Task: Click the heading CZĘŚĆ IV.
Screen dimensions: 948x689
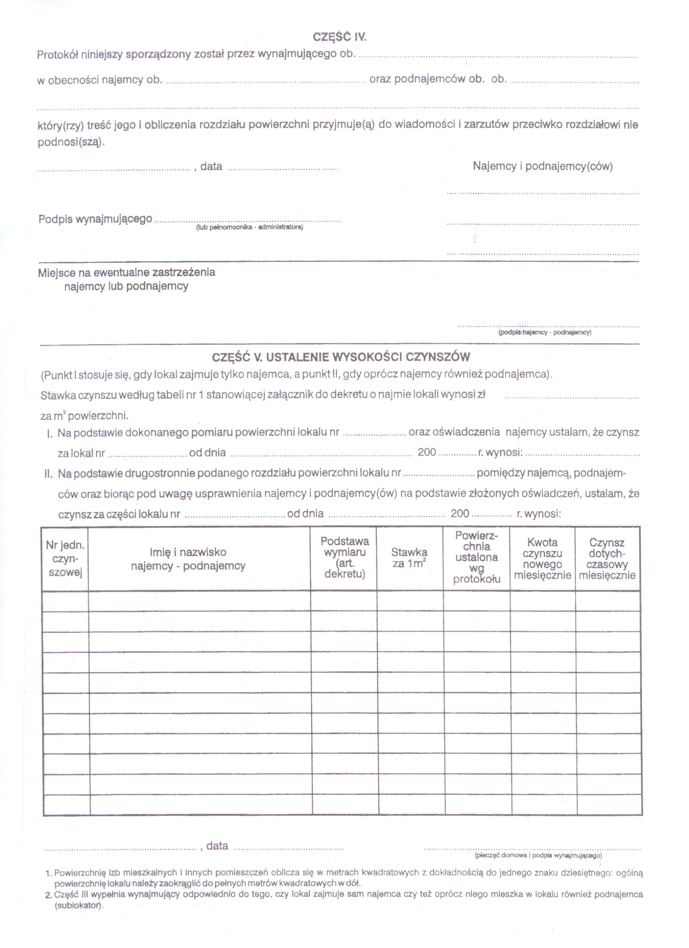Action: click(340, 37)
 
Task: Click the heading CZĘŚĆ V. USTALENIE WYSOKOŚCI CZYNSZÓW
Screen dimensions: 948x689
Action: click(341, 357)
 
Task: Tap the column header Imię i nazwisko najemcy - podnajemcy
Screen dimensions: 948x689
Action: click(188, 559)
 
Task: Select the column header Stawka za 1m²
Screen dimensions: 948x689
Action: click(409, 558)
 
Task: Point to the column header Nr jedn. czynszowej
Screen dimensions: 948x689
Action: click(65, 558)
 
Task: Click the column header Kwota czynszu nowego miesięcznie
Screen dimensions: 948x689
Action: click(542, 559)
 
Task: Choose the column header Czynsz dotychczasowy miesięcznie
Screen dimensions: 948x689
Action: click(607, 559)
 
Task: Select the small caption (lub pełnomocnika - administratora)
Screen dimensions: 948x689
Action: click(250, 227)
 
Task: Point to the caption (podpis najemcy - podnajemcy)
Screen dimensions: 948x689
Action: click(545, 332)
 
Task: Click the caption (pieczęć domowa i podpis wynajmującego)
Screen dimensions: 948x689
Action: click(538, 856)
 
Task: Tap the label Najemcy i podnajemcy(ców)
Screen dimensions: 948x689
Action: click(543, 167)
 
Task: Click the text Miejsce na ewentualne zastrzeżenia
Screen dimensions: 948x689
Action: click(127, 273)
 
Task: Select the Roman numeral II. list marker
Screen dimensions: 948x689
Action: click(49, 474)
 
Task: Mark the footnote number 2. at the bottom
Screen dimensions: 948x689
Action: click(49, 895)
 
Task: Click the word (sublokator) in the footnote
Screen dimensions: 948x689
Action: click(79, 906)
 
